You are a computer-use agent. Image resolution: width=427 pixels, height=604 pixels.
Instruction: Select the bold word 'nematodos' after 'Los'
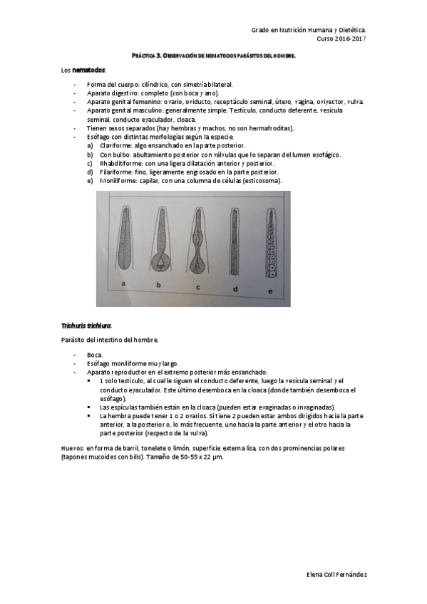(x=90, y=71)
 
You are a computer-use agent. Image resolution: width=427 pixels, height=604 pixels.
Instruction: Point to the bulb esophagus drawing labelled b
(x=160, y=242)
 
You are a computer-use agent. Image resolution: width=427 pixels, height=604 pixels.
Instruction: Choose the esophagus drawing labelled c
(x=199, y=241)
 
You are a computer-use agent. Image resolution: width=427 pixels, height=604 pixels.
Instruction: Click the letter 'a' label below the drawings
(x=124, y=284)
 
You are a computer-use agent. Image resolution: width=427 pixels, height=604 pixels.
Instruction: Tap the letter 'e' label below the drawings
(x=269, y=291)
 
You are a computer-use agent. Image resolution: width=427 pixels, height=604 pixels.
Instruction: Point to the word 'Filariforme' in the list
(x=117, y=172)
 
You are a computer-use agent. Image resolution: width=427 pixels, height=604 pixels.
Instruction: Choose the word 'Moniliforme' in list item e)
(x=118, y=180)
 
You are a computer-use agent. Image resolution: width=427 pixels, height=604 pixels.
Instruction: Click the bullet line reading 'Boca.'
(x=95, y=354)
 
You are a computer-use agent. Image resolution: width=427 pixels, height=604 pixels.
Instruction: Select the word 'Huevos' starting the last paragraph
(x=72, y=448)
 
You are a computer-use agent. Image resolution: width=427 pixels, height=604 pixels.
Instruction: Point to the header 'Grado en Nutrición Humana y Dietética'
(x=309, y=31)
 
